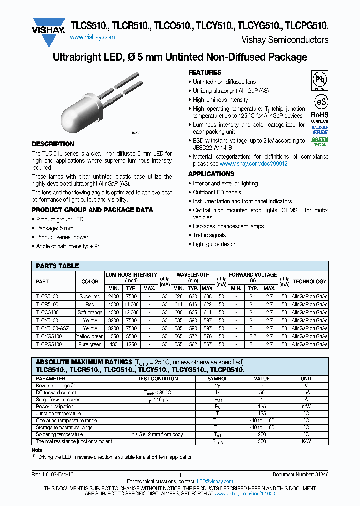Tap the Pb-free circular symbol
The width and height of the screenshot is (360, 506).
[x=319, y=80]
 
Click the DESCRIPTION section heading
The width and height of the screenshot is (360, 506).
[x=53, y=144]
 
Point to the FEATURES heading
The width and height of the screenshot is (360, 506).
[x=205, y=72]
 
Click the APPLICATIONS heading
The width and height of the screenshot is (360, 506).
[x=211, y=174]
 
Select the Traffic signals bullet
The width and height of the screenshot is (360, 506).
[x=209, y=235]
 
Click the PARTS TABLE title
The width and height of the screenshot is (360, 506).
[x=57, y=266]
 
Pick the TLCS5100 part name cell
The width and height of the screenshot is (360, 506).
[x=47, y=296]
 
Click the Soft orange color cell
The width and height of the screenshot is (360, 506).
[x=90, y=312]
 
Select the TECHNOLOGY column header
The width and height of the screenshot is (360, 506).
[x=309, y=281]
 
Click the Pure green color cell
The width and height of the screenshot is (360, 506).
[x=90, y=344]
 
